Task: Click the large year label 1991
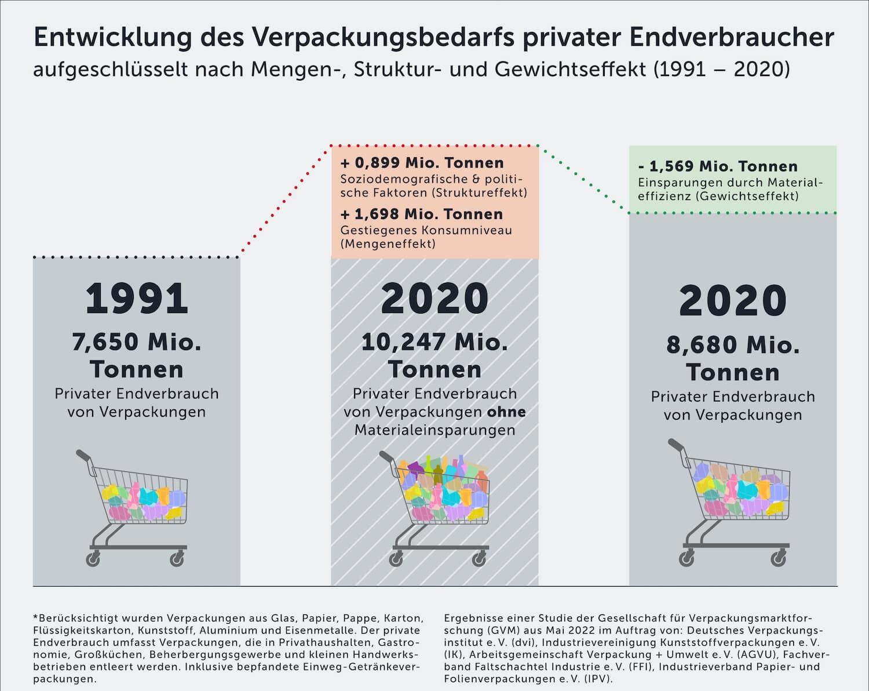[x=137, y=299]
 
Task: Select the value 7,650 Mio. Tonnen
[x=137, y=355]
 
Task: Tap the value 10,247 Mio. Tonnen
[x=434, y=355]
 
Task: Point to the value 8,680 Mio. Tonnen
[x=733, y=358]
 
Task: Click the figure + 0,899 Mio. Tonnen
[x=422, y=163]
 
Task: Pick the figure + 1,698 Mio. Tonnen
[x=421, y=214]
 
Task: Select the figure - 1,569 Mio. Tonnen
[x=718, y=166]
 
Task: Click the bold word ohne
[x=506, y=412]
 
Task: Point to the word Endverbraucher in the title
[x=731, y=38]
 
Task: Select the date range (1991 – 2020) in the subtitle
[x=721, y=70]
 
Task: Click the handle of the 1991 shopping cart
[x=83, y=455]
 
